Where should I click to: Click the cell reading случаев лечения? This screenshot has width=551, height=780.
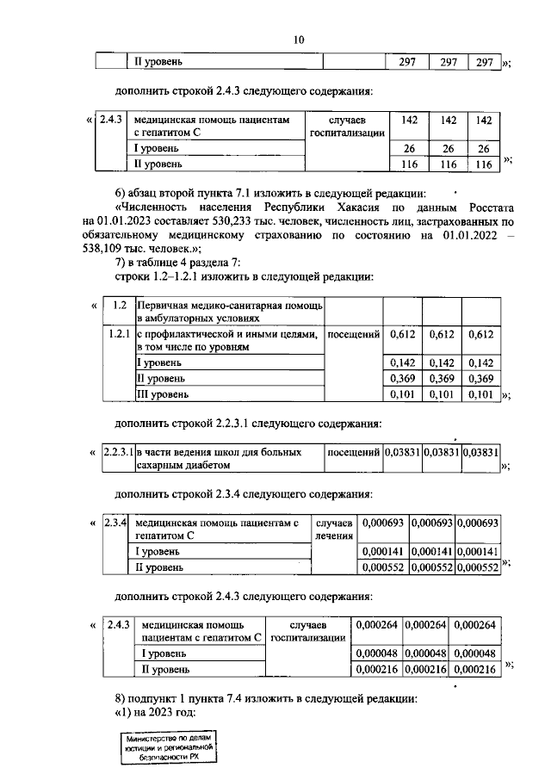[x=333, y=529]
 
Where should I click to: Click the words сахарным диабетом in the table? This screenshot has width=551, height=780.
[x=183, y=465]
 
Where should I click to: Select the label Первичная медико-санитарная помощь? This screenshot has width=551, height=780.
[x=228, y=306]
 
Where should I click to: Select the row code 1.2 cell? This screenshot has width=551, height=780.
[x=120, y=306]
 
